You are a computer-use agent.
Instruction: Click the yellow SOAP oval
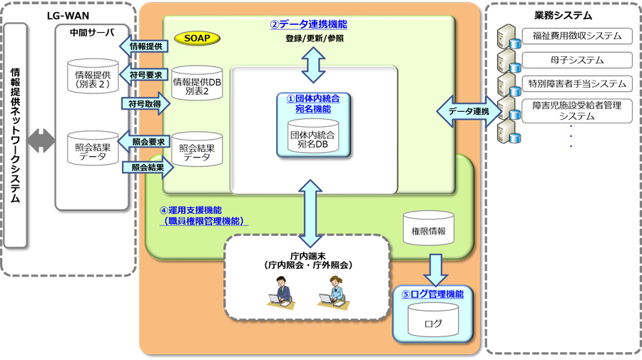(x=198, y=37)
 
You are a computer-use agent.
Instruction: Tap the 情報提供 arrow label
(x=145, y=47)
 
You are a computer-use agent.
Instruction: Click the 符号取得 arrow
(x=145, y=103)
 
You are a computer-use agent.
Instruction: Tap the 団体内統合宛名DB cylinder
(x=312, y=135)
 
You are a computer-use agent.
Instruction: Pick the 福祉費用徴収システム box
(x=577, y=35)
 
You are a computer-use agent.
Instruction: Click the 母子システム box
(x=577, y=59)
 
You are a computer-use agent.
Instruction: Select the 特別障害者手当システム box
(x=577, y=83)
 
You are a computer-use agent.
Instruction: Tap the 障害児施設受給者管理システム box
(x=577, y=110)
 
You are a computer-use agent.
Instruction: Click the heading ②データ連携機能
(x=308, y=24)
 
